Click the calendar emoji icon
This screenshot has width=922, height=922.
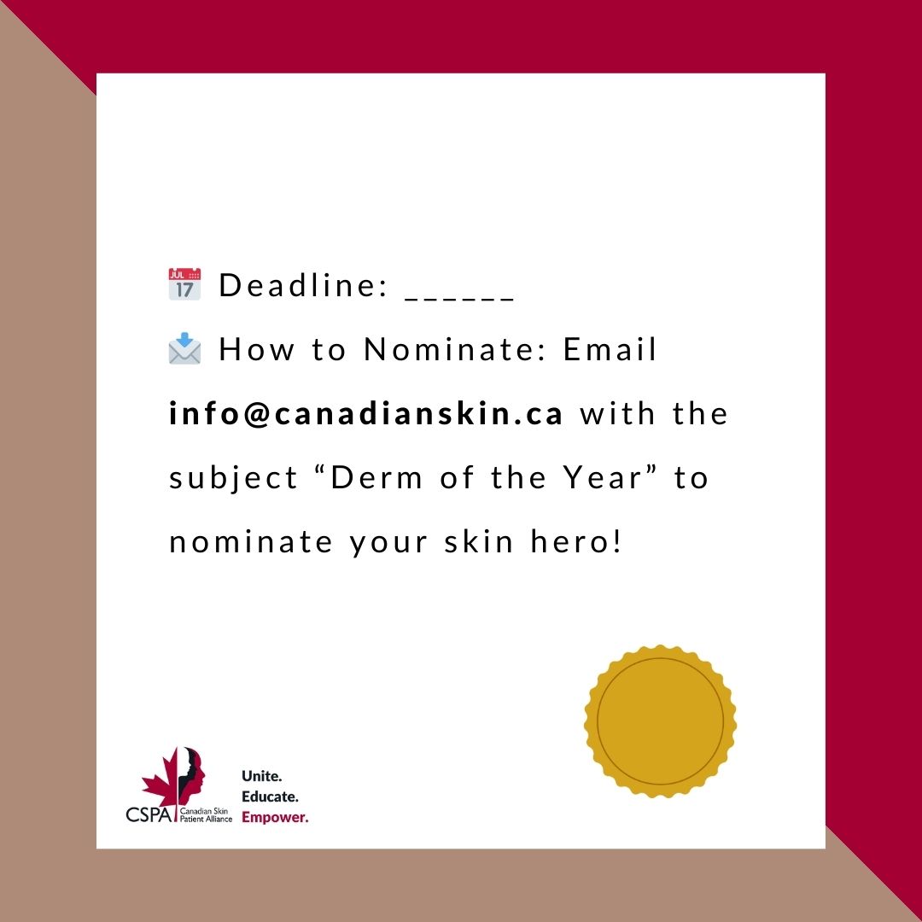click(184, 284)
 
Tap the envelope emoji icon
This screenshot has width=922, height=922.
click(184, 349)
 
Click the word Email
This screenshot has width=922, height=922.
click(610, 350)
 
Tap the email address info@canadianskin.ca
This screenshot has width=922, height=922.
click(366, 414)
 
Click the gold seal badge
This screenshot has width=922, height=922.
click(660, 722)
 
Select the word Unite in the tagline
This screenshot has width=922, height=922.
click(261, 776)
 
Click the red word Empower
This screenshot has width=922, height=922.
click(275, 817)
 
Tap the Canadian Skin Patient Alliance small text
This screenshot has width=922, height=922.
click(206, 814)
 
